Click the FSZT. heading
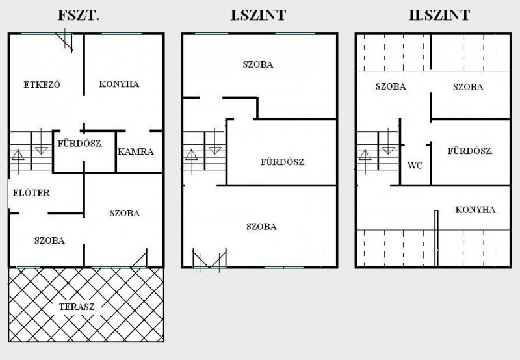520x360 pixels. coord(78,16)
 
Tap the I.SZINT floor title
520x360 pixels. coord(258,16)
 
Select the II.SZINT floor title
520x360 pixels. coord(439,16)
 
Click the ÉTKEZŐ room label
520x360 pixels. coord(42,84)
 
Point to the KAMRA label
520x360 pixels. coord(136,152)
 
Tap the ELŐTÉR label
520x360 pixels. coord(31,192)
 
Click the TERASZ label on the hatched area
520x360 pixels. coord(77,307)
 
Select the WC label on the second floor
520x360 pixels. coord(415,165)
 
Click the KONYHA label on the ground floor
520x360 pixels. coord(119,84)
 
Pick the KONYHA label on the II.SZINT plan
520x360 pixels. coord(475,210)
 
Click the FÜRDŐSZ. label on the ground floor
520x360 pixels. coord(80,144)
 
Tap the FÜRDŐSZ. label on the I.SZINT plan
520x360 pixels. coord(283,162)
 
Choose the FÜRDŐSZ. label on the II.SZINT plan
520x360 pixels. coord(470,151)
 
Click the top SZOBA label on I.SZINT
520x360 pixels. coord(258,64)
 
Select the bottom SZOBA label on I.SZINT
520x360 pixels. coord(261,227)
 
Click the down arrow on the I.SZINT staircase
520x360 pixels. coord(214,142)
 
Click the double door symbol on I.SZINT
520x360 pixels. coord(209,260)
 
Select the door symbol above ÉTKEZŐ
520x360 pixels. coord(66,40)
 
